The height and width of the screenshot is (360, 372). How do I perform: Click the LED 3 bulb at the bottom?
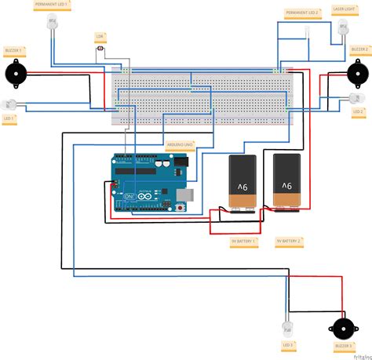(x=286, y=326)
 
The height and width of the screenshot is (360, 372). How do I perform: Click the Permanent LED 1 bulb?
(x=52, y=25)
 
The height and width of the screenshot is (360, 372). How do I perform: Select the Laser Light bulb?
(x=342, y=27)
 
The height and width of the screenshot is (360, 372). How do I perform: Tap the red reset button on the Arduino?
(x=182, y=208)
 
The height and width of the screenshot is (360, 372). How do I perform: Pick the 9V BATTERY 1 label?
(x=244, y=242)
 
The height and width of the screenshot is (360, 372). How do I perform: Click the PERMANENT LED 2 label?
(x=302, y=13)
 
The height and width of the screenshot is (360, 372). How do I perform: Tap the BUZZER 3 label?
(x=341, y=346)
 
